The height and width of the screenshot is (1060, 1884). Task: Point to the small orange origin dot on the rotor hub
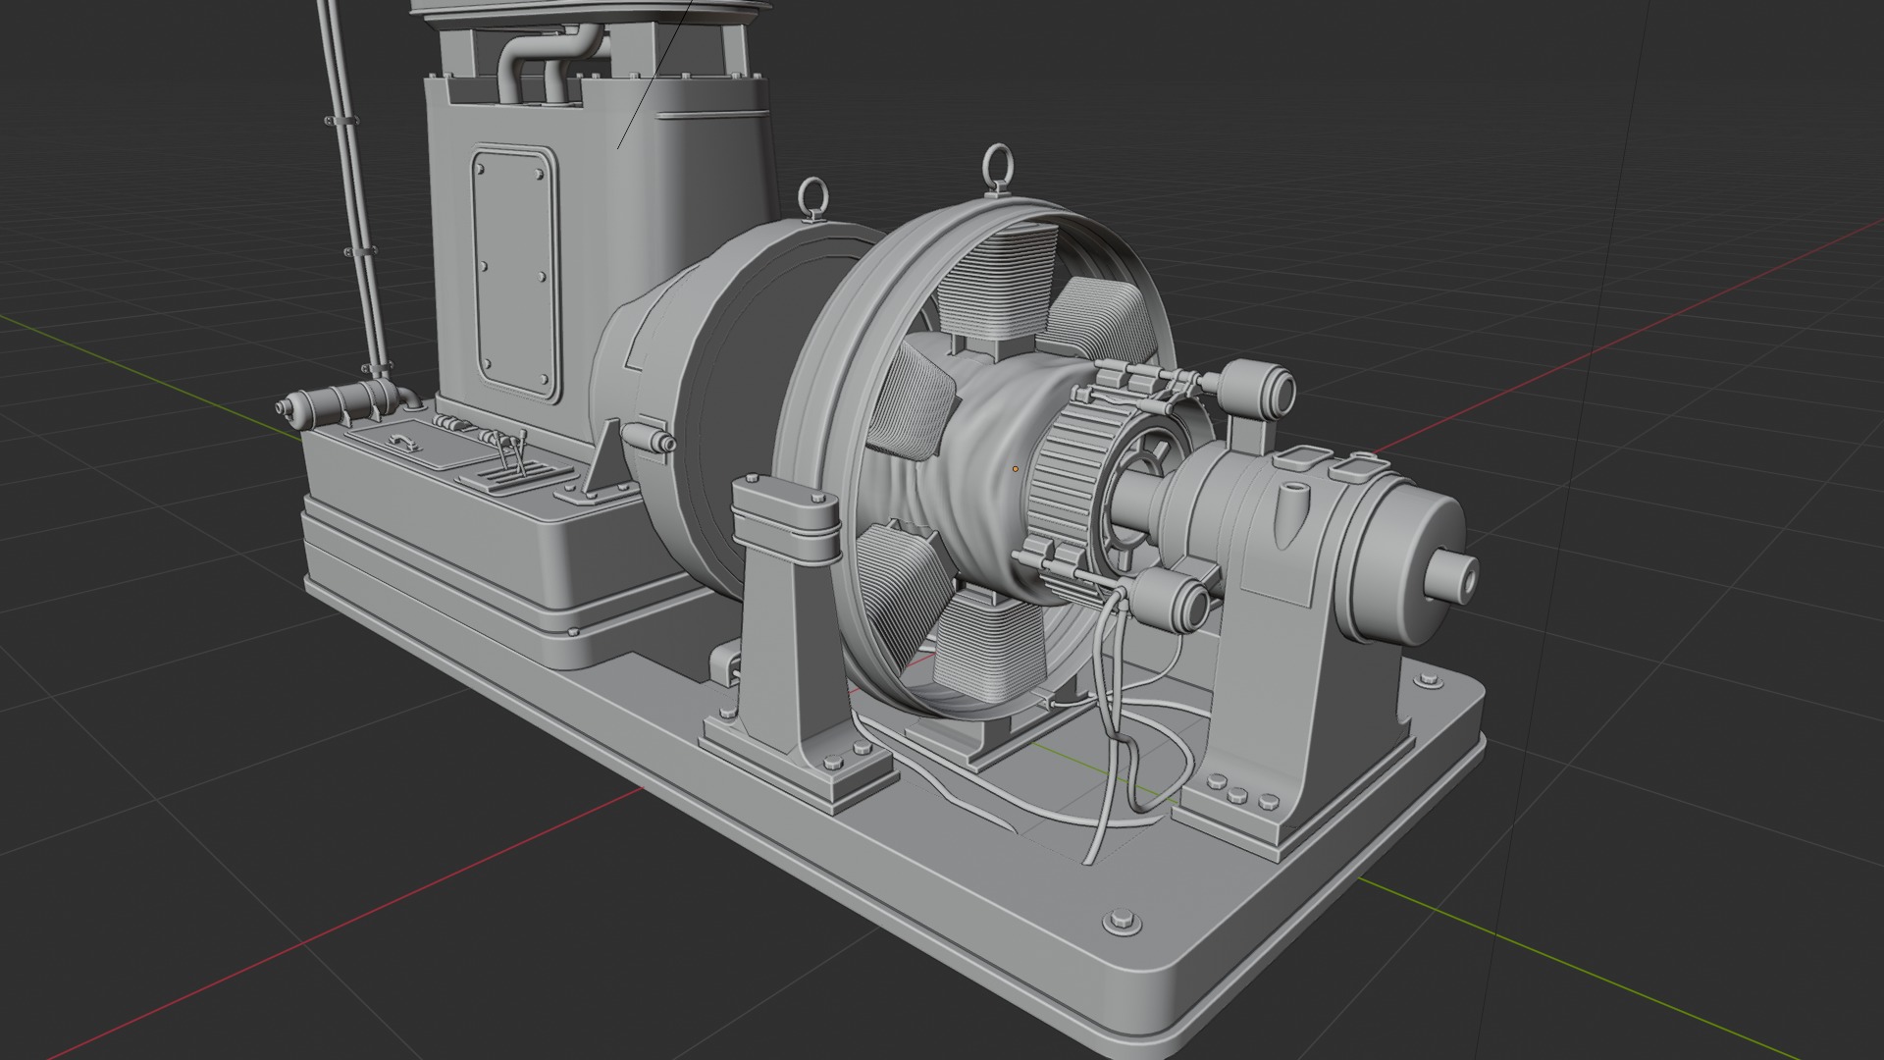(1016, 469)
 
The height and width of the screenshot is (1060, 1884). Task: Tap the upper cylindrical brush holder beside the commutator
(1257, 387)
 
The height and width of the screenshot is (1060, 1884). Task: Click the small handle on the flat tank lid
(401, 442)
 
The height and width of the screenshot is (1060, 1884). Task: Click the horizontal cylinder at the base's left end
(334, 402)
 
